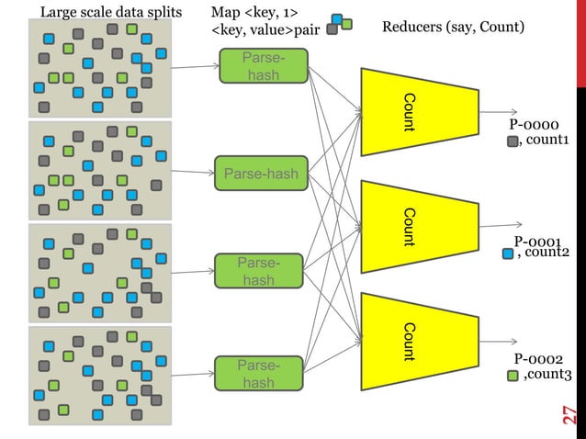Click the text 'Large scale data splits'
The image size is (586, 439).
click(x=111, y=12)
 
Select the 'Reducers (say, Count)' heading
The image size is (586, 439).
click(x=453, y=28)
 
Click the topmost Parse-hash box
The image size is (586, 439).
click(x=263, y=66)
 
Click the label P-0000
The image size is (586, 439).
click(x=536, y=125)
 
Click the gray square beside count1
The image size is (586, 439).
click(x=513, y=141)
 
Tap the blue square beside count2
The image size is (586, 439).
click(x=508, y=253)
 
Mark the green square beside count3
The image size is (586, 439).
click(x=513, y=375)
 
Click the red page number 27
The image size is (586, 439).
click(x=569, y=415)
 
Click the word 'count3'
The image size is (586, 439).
click(x=548, y=375)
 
